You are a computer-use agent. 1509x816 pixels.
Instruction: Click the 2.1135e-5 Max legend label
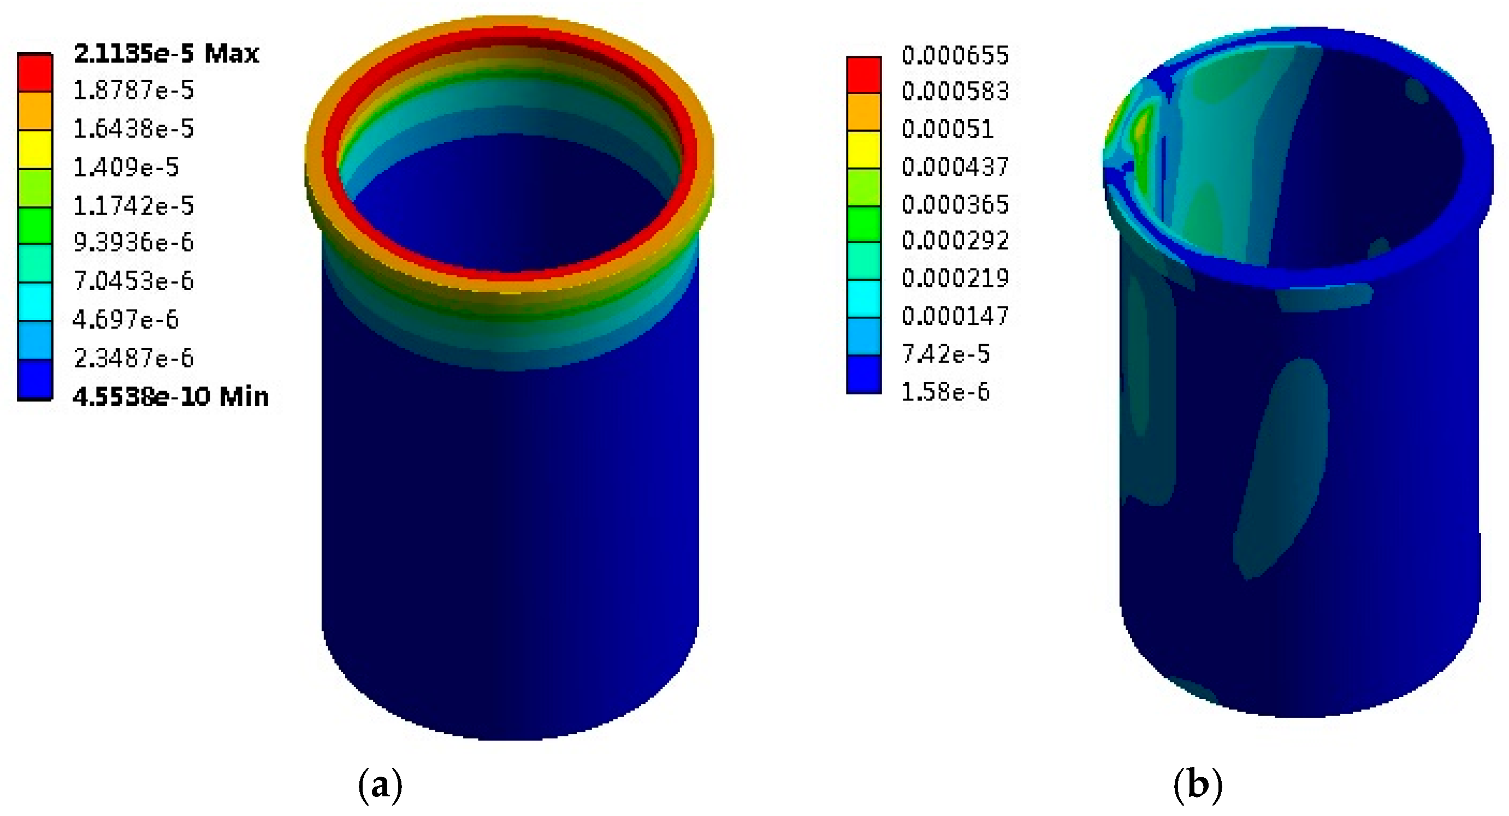click(167, 54)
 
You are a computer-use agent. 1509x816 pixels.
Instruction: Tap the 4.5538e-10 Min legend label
click(170, 397)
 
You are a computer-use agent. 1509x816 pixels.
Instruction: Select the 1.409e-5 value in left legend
click(126, 168)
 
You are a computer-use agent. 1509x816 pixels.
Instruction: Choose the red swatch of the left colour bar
click(35, 73)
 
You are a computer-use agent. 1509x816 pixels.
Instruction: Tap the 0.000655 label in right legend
click(955, 56)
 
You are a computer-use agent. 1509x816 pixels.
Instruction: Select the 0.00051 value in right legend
click(947, 129)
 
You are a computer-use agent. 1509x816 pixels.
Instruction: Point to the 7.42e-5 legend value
click(945, 354)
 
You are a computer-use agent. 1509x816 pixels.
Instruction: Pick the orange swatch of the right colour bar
click(863, 112)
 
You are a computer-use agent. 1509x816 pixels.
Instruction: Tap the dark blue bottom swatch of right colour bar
click(863, 374)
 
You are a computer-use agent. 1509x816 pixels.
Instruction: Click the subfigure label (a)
click(380, 785)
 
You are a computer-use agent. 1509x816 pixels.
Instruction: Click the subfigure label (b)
click(1198, 785)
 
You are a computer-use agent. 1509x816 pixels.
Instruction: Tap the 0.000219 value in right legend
click(955, 278)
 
